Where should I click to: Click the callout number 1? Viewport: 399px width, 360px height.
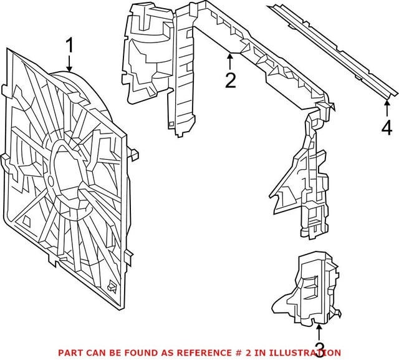pos(70,46)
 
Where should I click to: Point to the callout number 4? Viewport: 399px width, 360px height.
pos(387,128)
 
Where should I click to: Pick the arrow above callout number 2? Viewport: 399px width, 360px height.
pos(231,61)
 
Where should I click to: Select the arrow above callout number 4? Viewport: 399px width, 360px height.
pos(387,109)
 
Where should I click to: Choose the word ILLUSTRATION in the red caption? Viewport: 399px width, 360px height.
pos(301,352)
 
